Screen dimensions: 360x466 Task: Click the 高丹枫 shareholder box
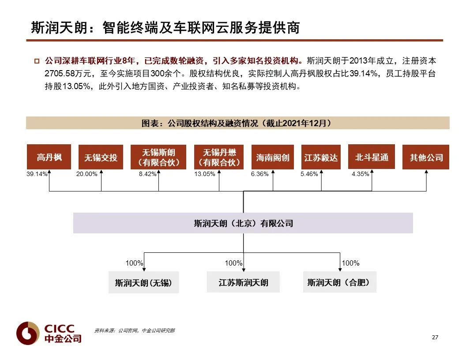click(49, 157)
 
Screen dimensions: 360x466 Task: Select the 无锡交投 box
click(101, 157)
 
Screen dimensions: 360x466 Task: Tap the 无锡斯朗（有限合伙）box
click(158, 157)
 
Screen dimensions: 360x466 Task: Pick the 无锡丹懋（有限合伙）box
click(219, 157)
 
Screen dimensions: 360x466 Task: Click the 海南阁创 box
click(273, 157)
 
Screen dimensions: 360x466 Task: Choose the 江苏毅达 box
click(321, 157)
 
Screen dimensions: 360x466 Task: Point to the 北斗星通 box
click(372, 157)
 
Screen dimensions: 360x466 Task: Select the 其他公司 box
click(426, 157)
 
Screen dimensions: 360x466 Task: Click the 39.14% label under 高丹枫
click(37, 174)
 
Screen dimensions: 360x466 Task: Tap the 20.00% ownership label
click(87, 174)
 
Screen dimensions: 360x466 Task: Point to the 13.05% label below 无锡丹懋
click(205, 174)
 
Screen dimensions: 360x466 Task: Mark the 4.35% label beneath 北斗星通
click(360, 174)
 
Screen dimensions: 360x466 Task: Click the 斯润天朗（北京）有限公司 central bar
click(243, 223)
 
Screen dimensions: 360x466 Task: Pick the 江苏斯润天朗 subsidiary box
click(243, 282)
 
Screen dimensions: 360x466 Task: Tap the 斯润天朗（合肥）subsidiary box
click(339, 282)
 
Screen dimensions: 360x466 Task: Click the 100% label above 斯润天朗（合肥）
click(351, 263)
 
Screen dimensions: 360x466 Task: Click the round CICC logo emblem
click(28, 333)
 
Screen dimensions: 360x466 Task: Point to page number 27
click(435, 337)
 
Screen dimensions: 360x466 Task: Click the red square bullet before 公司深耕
click(37, 61)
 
